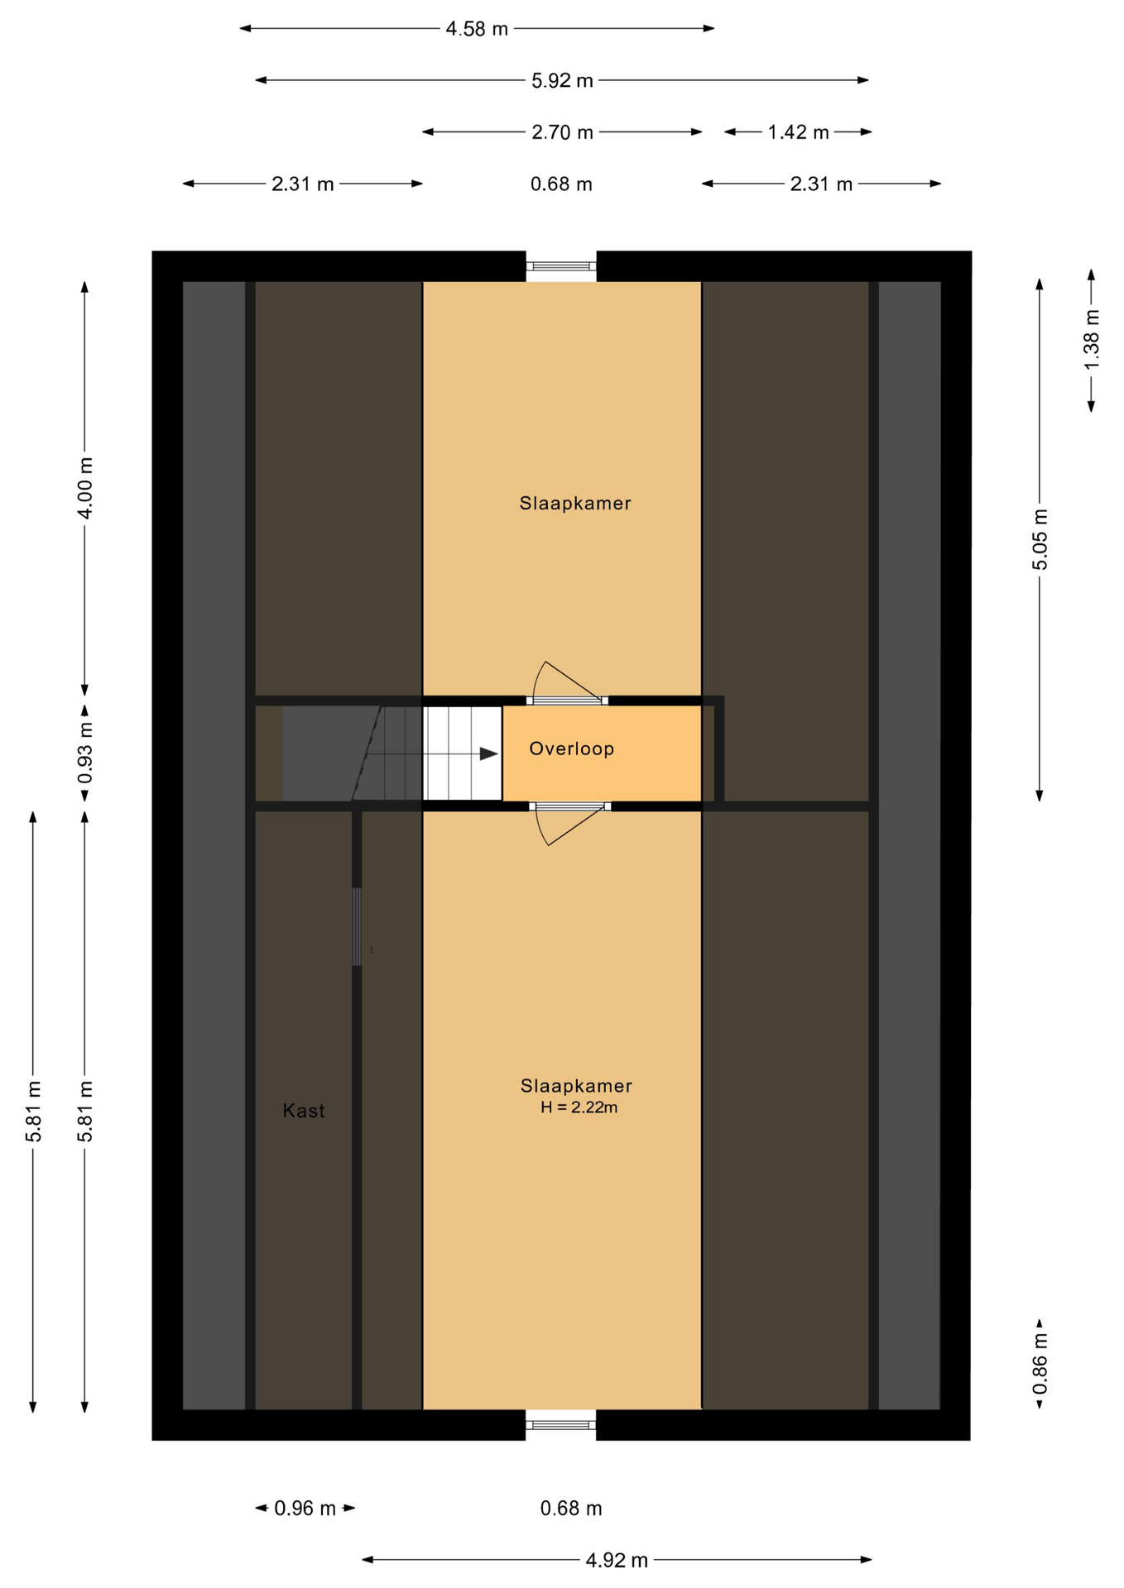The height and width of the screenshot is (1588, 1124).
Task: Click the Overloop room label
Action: (x=571, y=749)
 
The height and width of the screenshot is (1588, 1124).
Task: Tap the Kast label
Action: (x=304, y=1111)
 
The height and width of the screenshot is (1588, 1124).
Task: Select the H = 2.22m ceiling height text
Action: (x=579, y=1107)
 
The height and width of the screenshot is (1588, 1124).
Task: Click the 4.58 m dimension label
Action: (x=477, y=29)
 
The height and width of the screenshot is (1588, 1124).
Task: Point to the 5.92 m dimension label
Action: (x=562, y=80)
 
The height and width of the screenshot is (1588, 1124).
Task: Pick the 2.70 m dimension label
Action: (x=562, y=132)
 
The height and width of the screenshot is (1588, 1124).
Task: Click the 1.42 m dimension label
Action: (x=798, y=132)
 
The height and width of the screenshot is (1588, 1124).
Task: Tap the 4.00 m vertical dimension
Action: (x=85, y=488)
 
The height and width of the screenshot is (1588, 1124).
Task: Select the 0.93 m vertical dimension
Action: (x=85, y=753)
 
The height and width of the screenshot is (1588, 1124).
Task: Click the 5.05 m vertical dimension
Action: (x=1040, y=539)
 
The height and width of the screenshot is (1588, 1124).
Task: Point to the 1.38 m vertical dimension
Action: (x=1092, y=340)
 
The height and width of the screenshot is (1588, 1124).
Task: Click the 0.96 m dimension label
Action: (x=305, y=1509)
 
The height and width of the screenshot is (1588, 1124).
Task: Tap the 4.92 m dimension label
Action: (x=617, y=1561)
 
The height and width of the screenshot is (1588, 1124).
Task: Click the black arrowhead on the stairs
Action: (x=489, y=753)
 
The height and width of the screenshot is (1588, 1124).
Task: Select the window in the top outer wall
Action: (x=562, y=265)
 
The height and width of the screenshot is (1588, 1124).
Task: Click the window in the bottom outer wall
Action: (x=561, y=1425)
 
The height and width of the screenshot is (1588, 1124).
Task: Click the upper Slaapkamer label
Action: (x=575, y=503)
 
